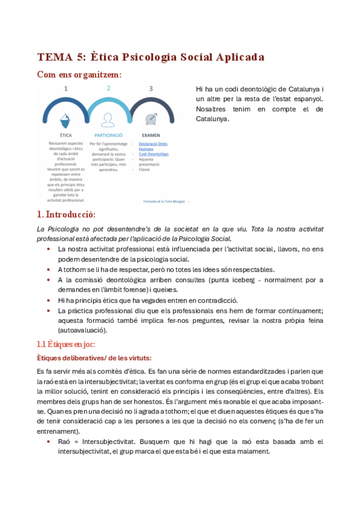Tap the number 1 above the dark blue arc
point(66,88)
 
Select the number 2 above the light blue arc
point(108,88)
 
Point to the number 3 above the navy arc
point(151,88)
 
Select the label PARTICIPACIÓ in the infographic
point(108,136)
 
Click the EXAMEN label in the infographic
point(150,136)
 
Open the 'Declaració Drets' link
point(154,144)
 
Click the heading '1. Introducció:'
point(66,215)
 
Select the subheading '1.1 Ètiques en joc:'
point(66,344)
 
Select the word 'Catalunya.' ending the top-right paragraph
point(212,119)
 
